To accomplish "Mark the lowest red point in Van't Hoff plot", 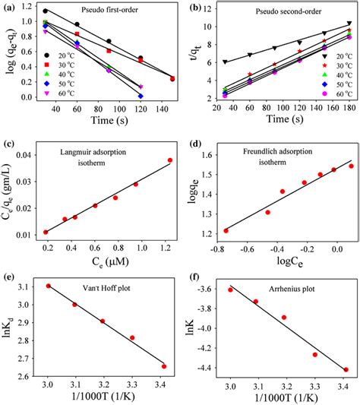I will pos(164,366).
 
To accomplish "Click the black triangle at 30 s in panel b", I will pos(225,62).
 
